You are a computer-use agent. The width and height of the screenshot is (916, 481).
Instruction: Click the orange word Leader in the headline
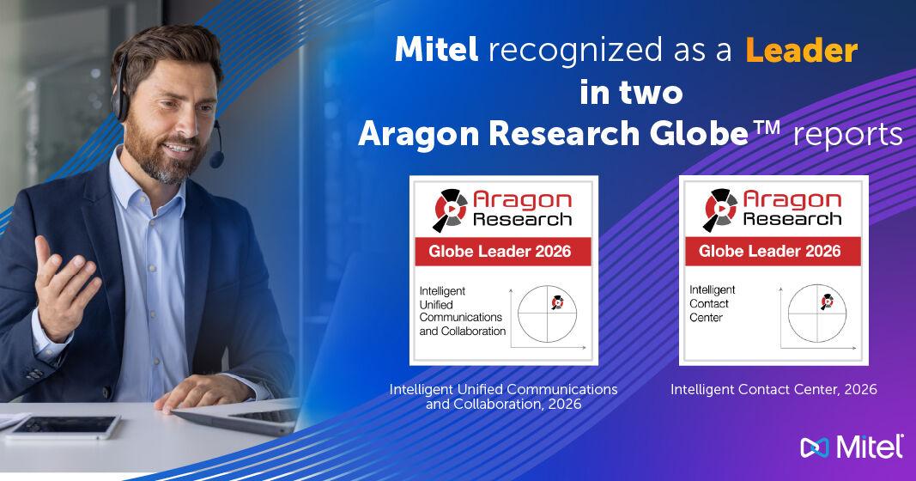[x=801, y=52]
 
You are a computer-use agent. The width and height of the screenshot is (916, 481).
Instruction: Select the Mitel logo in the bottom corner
[x=851, y=448]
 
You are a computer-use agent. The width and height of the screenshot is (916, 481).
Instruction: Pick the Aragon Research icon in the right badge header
[x=719, y=206]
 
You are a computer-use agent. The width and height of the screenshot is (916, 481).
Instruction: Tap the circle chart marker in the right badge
[x=827, y=301]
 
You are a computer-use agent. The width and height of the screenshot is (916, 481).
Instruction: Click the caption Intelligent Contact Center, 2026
[x=773, y=390]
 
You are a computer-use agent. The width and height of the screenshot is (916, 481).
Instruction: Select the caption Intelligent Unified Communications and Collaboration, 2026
[x=503, y=397]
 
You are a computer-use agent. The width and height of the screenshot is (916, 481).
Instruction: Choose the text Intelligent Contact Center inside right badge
[x=713, y=303]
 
